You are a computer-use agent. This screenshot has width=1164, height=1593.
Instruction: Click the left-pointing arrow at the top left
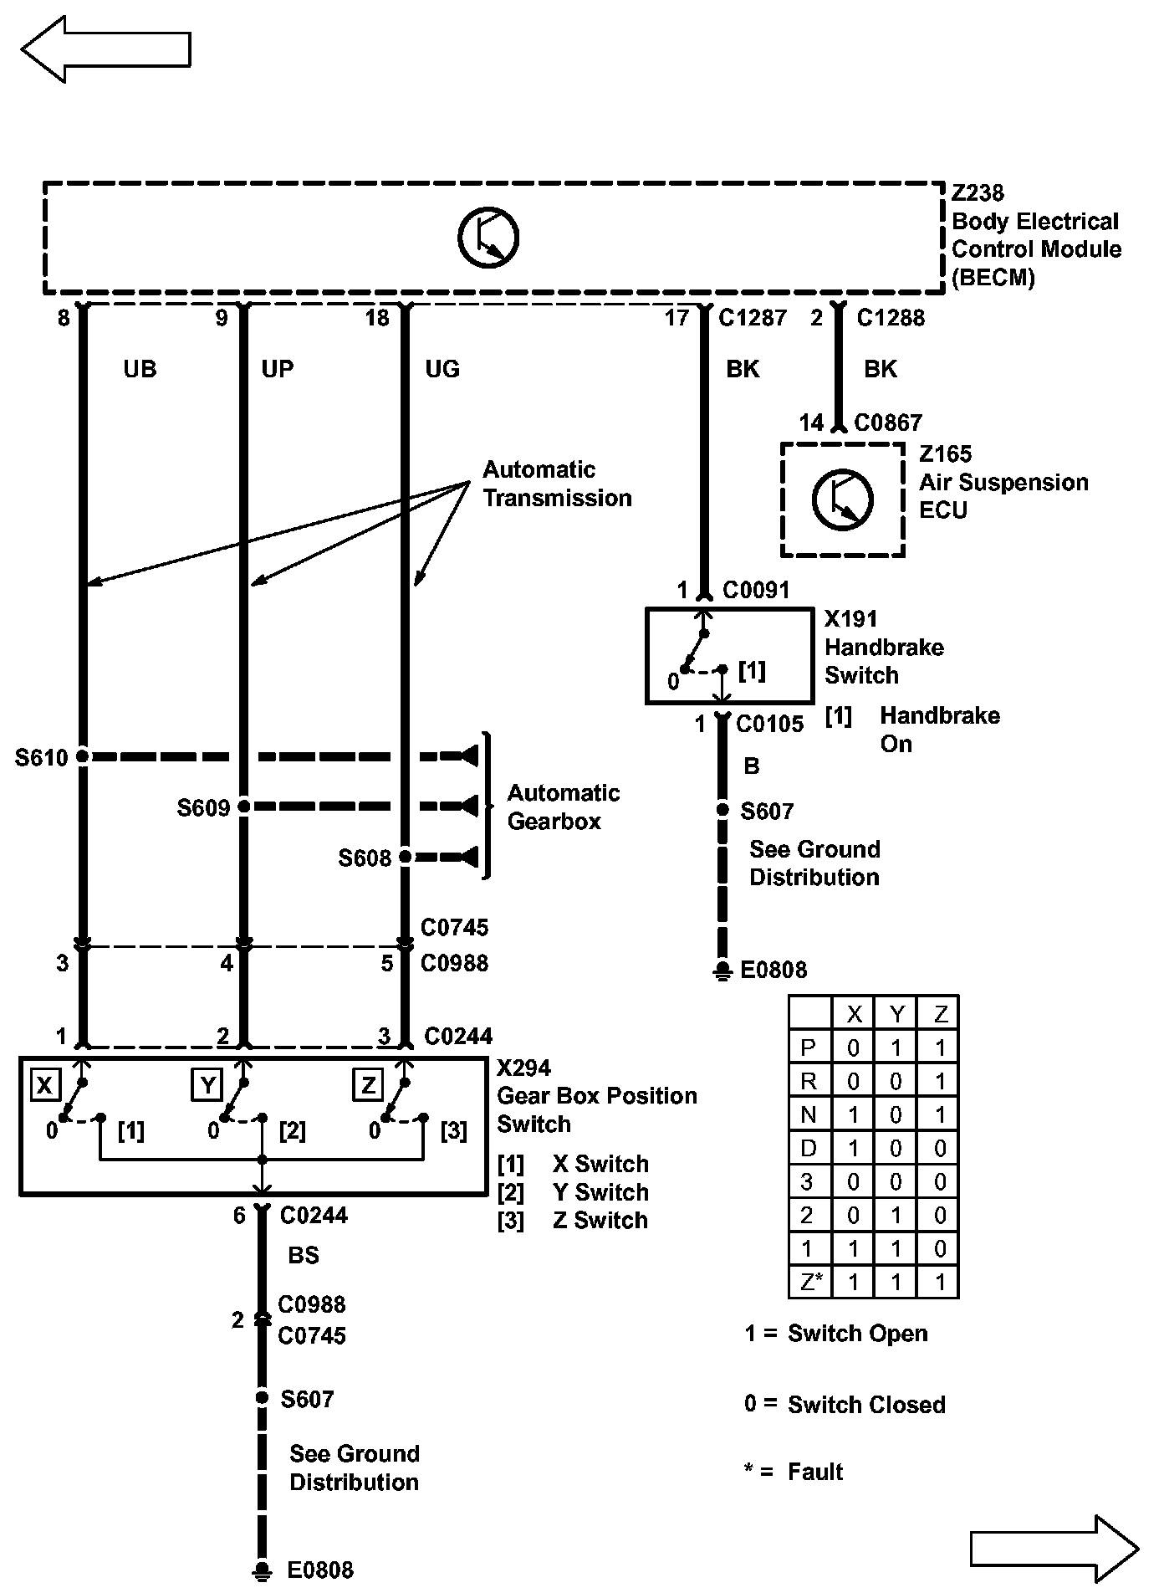pos(105,49)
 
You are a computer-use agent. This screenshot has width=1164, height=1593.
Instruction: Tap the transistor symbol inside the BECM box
pos(488,237)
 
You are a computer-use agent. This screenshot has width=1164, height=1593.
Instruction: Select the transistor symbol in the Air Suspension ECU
pos(842,499)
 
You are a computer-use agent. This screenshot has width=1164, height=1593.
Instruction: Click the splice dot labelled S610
pos(83,756)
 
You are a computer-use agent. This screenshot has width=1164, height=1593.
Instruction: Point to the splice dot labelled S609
pos(244,807)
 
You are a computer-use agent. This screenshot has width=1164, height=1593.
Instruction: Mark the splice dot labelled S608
pos(406,857)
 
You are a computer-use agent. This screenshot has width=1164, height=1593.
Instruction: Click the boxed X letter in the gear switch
pos(44,1086)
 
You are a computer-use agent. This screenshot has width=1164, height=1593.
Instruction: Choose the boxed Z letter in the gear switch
pos(367,1086)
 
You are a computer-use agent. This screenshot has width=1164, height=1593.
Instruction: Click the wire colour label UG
pos(442,369)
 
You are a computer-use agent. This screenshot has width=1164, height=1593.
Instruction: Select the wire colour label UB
pos(140,369)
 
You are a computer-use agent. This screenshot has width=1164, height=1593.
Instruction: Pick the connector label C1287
pos(753,318)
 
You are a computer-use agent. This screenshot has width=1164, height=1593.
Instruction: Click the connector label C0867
pos(887,423)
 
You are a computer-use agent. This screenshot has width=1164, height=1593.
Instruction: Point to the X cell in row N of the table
pos(853,1114)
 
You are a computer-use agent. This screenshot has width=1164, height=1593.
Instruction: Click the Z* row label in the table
pos(809,1282)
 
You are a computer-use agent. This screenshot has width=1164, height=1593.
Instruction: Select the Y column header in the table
pos(896,1014)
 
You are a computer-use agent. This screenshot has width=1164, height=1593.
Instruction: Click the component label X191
pos(850,619)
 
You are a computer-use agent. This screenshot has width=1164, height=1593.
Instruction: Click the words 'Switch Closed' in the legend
pos(866,1405)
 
